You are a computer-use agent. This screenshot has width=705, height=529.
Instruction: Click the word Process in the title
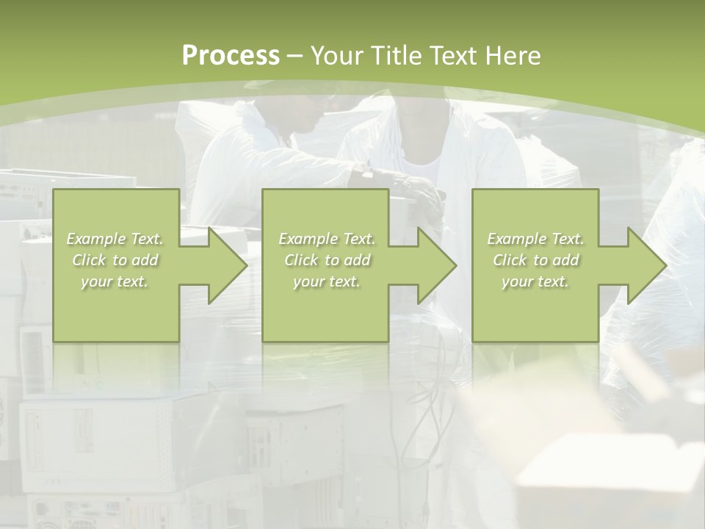pyautogui.click(x=231, y=56)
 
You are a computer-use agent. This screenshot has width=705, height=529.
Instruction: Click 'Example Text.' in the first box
pyautogui.click(x=115, y=239)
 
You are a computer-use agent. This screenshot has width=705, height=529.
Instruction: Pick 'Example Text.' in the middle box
pyautogui.click(x=327, y=239)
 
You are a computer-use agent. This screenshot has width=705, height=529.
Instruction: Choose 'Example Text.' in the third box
pyautogui.click(x=535, y=239)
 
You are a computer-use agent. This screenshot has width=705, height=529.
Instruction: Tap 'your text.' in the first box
pyautogui.click(x=115, y=281)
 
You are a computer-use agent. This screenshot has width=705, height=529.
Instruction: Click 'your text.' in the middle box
pyautogui.click(x=327, y=281)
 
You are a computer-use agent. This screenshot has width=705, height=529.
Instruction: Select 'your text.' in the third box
pyautogui.click(x=535, y=281)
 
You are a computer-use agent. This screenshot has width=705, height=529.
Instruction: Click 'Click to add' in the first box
pyautogui.click(x=115, y=260)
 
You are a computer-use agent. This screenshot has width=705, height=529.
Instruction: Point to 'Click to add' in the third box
pyautogui.click(x=535, y=260)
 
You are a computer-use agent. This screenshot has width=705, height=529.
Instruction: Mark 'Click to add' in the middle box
pyautogui.click(x=327, y=260)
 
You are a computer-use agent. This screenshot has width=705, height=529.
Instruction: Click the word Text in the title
pyautogui.click(x=455, y=56)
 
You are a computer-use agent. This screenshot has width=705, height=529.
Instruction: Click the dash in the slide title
pyautogui.click(x=295, y=56)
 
